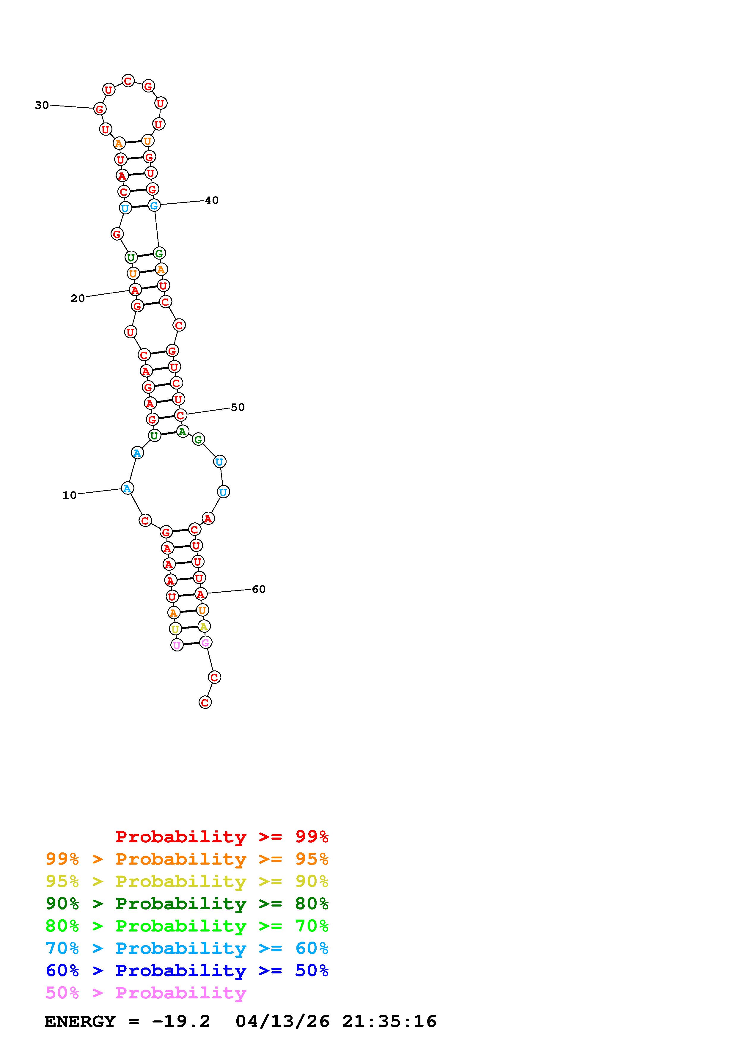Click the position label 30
pos(42,105)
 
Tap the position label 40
pos(212,200)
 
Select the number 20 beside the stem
pos(78,299)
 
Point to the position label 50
pos(238,408)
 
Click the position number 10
pos(70,495)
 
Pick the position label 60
pos(258,589)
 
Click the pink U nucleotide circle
pos(177,645)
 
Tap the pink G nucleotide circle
pos(205,642)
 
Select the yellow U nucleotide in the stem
pos(175,629)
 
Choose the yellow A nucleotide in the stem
pos(204,626)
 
